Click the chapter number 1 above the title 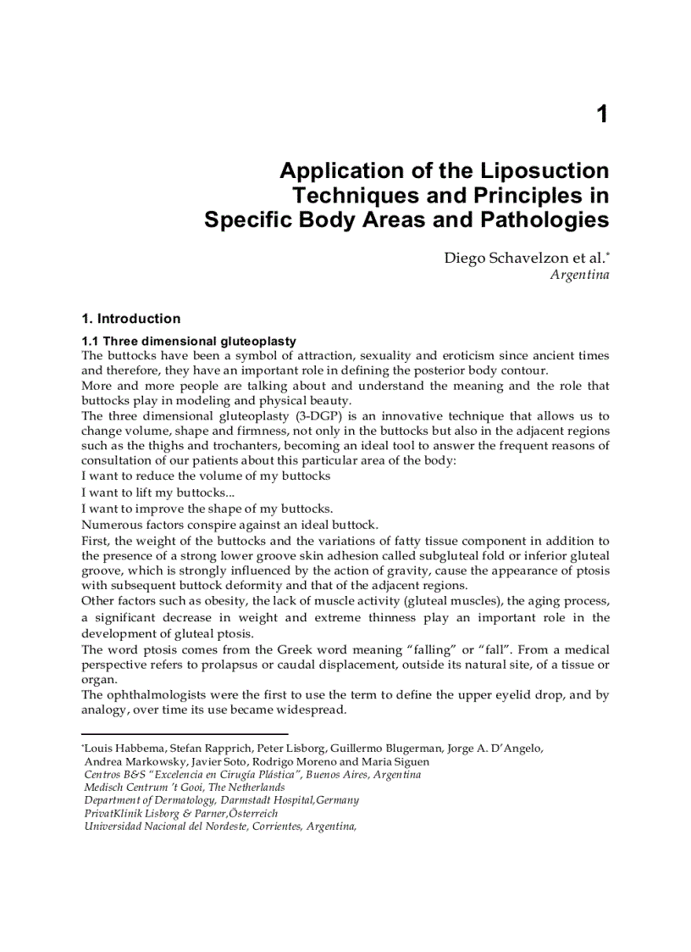coord(602,114)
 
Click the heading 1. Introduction coord(130,319)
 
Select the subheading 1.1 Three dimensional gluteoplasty coord(188,342)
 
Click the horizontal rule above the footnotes coord(185,734)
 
